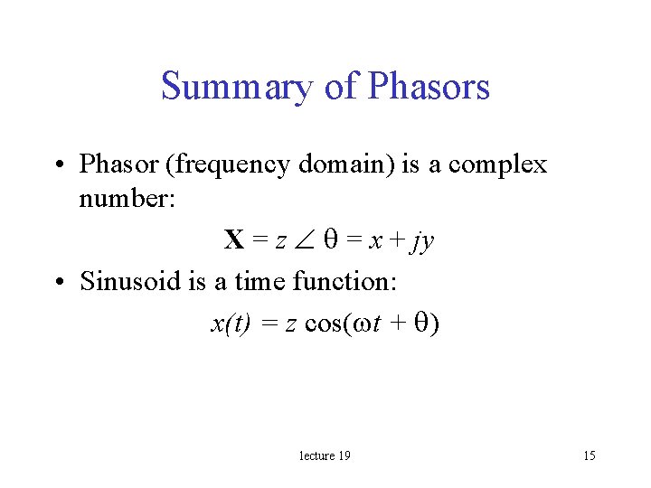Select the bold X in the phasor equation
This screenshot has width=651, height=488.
click(234, 239)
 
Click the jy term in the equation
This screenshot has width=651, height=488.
click(422, 241)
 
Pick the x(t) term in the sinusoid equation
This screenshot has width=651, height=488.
click(231, 323)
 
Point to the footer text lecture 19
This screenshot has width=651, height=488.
click(325, 455)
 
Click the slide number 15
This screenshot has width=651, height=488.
click(589, 455)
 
